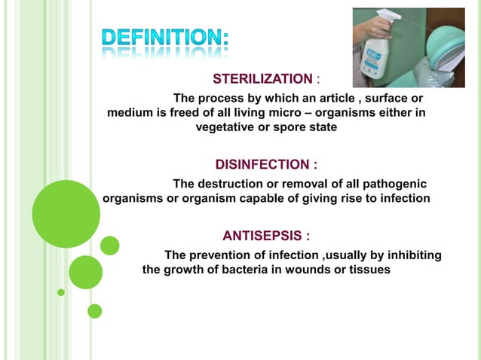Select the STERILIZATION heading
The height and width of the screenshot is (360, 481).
coord(262,79)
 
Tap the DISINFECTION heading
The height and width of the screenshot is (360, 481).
coord(266,164)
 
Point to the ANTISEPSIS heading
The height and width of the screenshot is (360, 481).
coord(266,235)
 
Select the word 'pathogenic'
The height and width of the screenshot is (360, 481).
coord(394,184)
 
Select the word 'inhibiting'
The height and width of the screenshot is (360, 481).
coord(414,255)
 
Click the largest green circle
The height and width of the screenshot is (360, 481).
coord(66,214)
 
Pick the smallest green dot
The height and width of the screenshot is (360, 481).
coord(61,291)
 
